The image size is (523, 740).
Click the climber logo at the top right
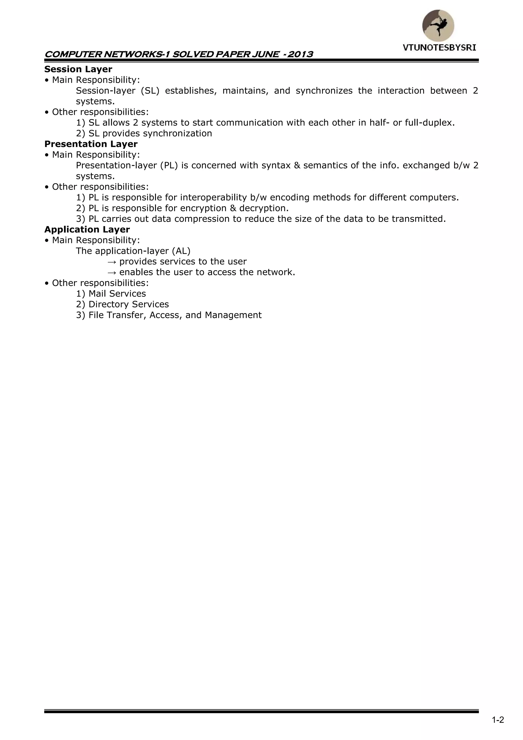point(438,26)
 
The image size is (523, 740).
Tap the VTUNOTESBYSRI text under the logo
point(439,48)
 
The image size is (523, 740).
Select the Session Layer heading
point(78,69)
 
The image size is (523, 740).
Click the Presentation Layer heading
point(91,144)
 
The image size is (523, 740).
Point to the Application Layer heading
point(87,230)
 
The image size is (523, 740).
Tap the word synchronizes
point(324,91)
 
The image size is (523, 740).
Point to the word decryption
point(264,208)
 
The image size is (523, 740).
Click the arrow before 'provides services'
point(111,262)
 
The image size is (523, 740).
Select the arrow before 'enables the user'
point(111,272)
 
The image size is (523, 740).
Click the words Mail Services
point(117,294)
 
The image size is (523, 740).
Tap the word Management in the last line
point(233,315)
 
